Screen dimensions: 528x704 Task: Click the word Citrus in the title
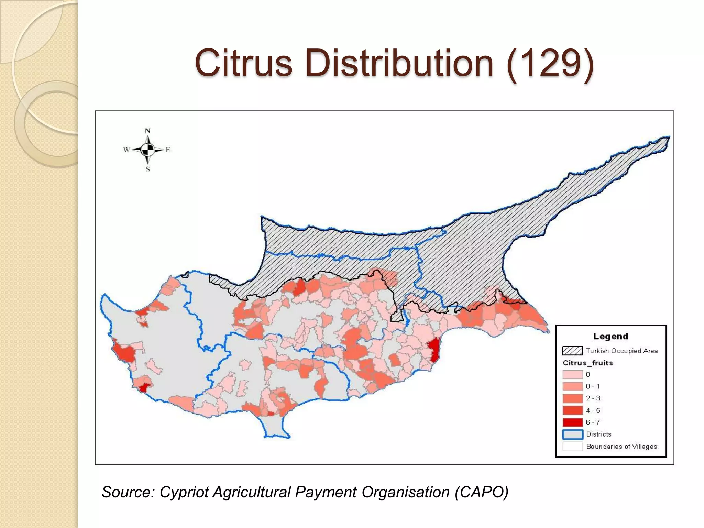(x=243, y=63)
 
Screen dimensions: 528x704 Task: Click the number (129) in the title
(x=550, y=63)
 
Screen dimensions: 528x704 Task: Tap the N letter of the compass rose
(x=148, y=131)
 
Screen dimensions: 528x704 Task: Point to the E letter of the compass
(x=168, y=150)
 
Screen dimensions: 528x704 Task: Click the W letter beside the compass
(x=126, y=150)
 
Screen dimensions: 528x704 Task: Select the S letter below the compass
(x=148, y=169)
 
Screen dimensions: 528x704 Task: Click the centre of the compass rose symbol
(x=148, y=150)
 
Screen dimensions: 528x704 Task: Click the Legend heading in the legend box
(x=610, y=337)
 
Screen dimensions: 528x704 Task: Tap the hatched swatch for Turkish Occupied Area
(x=572, y=351)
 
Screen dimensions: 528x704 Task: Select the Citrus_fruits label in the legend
(x=587, y=363)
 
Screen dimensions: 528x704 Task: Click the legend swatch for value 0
(x=572, y=375)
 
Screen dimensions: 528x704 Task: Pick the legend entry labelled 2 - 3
(x=593, y=398)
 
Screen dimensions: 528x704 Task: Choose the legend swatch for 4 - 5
(x=572, y=410)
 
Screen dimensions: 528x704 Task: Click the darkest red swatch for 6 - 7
(x=572, y=422)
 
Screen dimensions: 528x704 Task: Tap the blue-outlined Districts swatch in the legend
(x=572, y=434)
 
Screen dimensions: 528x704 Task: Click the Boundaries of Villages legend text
(x=621, y=447)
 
